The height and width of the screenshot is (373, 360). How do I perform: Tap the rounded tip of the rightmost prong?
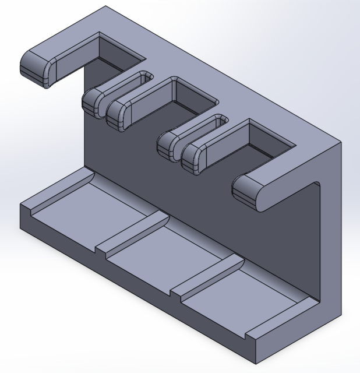pyautogui.click(x=249, y=192)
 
